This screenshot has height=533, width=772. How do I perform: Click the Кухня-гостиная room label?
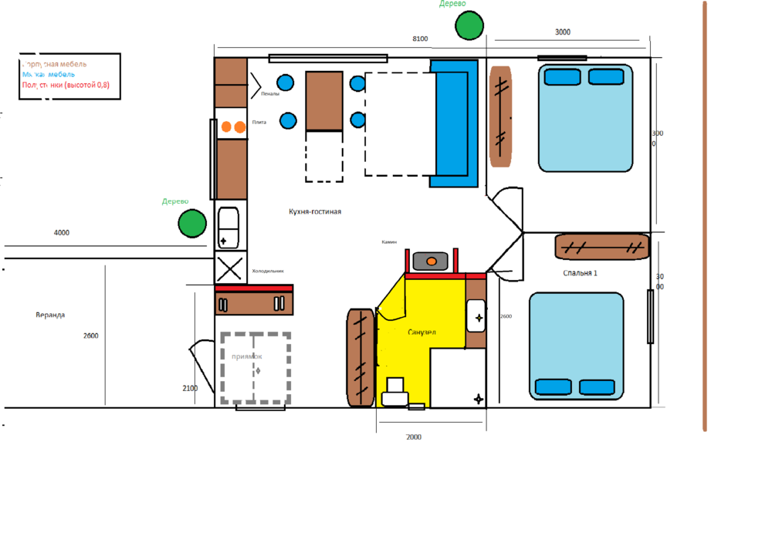click(315, 211)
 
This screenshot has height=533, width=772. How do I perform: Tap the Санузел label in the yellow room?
click(422, 332)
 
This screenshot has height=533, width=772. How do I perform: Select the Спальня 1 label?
click(580, 273)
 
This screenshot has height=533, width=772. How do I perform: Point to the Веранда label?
click(50, 315)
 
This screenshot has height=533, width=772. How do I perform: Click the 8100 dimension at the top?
click(420, 39)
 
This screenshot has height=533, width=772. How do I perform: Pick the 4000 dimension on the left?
click(61, 233)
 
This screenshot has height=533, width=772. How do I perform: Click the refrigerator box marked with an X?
click(229, 269)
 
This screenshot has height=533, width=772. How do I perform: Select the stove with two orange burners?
click(233, 127)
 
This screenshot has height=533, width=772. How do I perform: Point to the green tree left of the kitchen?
click(192, 223)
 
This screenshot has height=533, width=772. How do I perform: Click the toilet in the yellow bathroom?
click(395, 391)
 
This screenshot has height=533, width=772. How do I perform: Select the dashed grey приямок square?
click(255, 368)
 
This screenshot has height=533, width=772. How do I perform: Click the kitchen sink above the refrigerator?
click(229, 227)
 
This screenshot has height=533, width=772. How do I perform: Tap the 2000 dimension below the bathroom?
click(414, 437)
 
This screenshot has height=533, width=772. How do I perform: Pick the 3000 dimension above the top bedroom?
click(563, 32)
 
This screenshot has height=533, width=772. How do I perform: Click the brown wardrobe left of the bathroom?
click(360, 358)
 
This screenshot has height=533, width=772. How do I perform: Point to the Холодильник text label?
click(268, 272)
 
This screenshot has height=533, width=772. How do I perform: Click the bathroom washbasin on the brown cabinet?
click(476, 314)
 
